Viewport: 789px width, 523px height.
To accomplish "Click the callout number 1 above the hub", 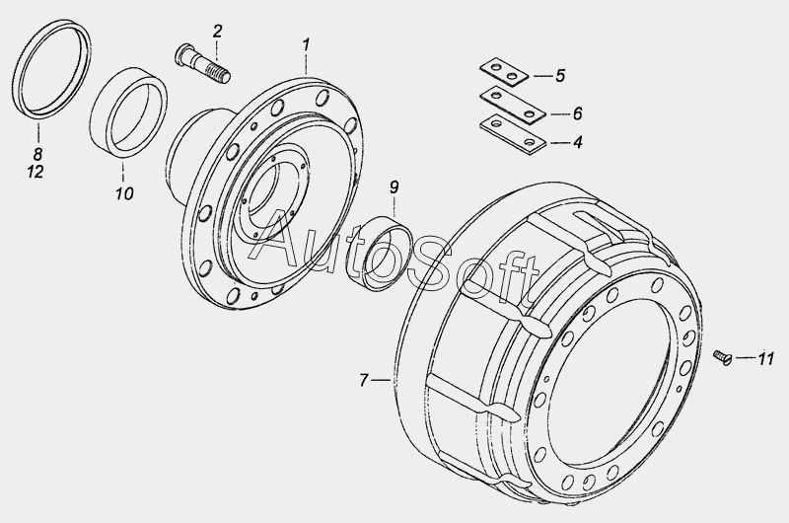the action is click(x=306, y=44).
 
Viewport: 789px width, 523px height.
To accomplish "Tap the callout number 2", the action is click(x=217, y=32).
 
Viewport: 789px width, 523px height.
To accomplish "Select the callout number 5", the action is click(x=560, y=76).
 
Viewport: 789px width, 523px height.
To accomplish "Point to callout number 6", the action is click(x=577, y=113).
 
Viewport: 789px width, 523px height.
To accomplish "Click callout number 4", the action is click(x=578, y=142).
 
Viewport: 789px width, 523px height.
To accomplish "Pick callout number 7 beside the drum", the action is click(x=364, y=380).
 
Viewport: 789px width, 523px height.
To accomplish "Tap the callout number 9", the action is click(x=394, y=187).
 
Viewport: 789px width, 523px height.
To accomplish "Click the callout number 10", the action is click(x=124, y=193).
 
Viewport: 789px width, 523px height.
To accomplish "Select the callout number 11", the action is click(x=765, y=358).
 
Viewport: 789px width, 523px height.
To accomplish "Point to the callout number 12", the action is click(x=36, y=172).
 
